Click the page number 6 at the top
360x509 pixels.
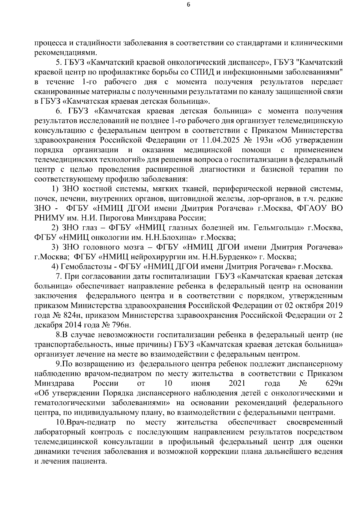188,4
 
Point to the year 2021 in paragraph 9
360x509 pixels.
237,383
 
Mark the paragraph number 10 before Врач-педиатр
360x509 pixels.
61,422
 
